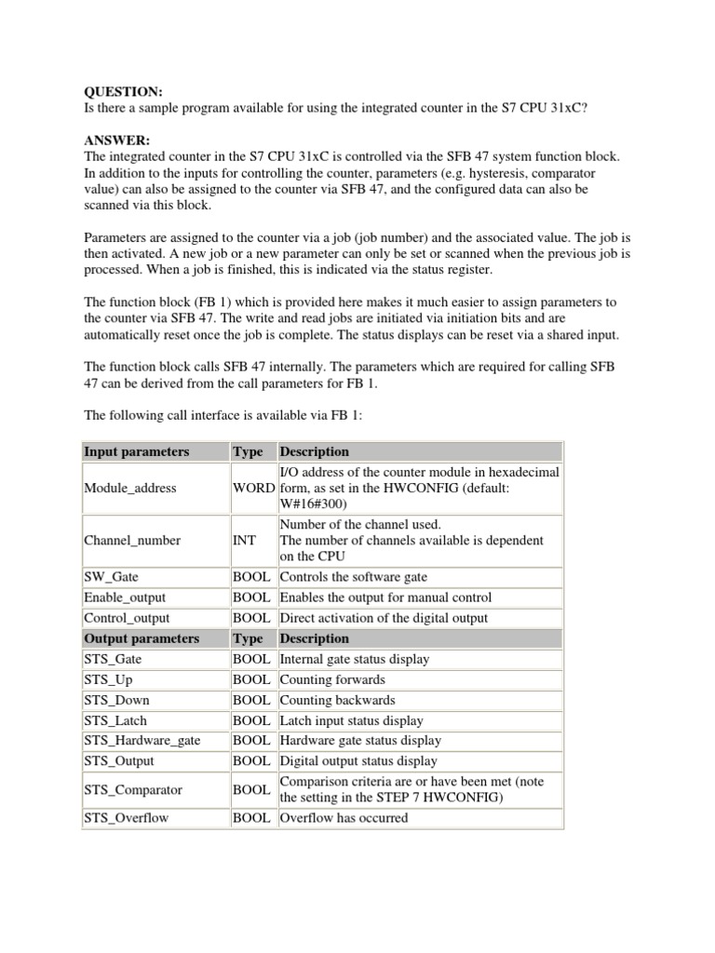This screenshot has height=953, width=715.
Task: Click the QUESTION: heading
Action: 124,91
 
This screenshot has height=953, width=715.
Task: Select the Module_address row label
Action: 129,488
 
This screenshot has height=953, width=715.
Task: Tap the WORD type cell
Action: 254,488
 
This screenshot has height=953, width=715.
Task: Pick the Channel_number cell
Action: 132,540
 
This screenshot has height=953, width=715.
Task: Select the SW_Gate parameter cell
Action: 111,577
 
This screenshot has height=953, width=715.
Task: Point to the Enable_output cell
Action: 125,597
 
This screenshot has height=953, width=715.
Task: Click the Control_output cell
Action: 127,618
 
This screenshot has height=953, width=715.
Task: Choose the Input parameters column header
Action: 136,451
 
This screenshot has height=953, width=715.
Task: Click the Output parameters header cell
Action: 142,638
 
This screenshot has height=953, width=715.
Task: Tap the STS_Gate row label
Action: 114,659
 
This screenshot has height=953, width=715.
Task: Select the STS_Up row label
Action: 109,679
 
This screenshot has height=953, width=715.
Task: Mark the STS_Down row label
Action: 116,700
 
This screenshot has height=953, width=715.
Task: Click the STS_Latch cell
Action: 115,720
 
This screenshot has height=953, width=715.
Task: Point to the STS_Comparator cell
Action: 133,790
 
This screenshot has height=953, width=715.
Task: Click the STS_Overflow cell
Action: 126,819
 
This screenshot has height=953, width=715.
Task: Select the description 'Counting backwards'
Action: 337,700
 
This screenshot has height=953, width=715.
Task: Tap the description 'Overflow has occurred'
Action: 344,819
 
